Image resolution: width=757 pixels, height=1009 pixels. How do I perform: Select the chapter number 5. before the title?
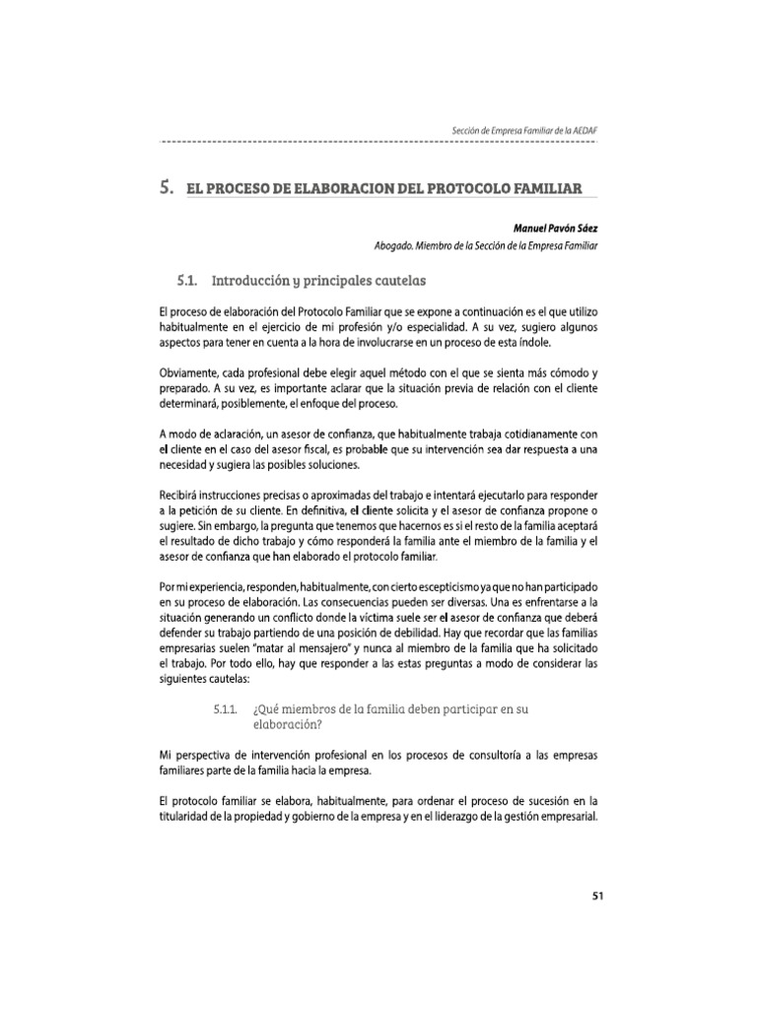166,186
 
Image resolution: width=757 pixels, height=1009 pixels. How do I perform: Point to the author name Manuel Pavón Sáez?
555,228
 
